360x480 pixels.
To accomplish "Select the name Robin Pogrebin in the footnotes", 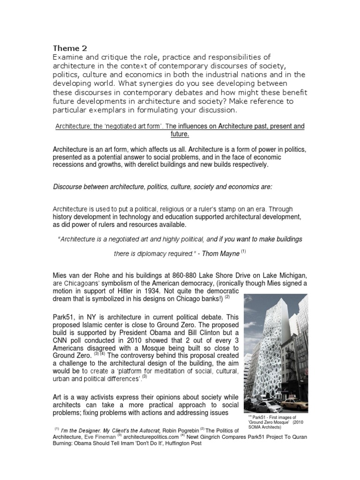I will pyautogui.click(x=180, y=429).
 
